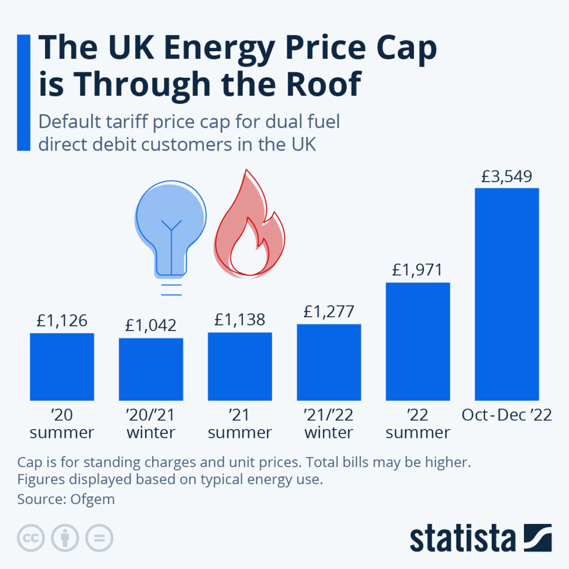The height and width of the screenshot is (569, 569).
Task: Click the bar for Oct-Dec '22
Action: tap(506, 294)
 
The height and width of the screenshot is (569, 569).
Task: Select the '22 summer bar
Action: tap(417, 341)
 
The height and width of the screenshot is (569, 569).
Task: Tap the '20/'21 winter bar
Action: tap(151, 369)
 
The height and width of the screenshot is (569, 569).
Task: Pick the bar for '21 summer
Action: tap(239, 366)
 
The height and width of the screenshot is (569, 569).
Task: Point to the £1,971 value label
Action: tap(417, 271)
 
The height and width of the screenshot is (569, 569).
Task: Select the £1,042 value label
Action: tap(151, 325)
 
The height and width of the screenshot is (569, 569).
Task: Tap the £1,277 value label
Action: tap(328, 312)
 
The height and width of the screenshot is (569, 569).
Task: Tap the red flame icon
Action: tap(249, 228)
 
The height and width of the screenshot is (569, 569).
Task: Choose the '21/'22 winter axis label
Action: tap(328, 423)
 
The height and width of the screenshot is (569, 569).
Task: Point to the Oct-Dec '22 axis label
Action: tap(506, 415)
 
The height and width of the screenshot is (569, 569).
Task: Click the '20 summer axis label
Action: tap(62, 423)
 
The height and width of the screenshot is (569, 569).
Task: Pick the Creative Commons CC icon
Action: tap(31, 538)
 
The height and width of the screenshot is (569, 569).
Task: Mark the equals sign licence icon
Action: tap(99, 538)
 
